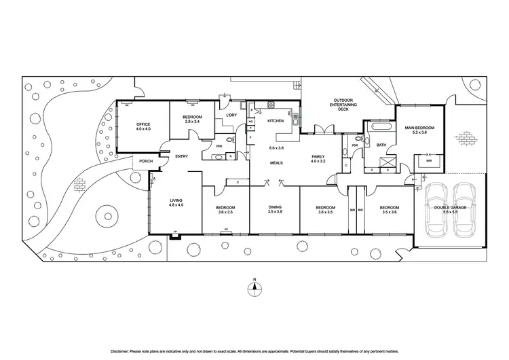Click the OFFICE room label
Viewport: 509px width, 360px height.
(x=143, y=124)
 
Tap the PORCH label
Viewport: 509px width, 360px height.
(x=145, y=161)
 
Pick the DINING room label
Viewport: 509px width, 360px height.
(x=274, y=207)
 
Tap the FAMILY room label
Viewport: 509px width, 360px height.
(x=319, y=156)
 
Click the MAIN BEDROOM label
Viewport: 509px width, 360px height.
(x=419, y=128)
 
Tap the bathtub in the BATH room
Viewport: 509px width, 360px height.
(x=377, y=127)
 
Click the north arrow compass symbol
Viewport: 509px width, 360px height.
(x=254, y=287)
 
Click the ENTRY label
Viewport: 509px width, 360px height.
(x=182, y=156)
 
